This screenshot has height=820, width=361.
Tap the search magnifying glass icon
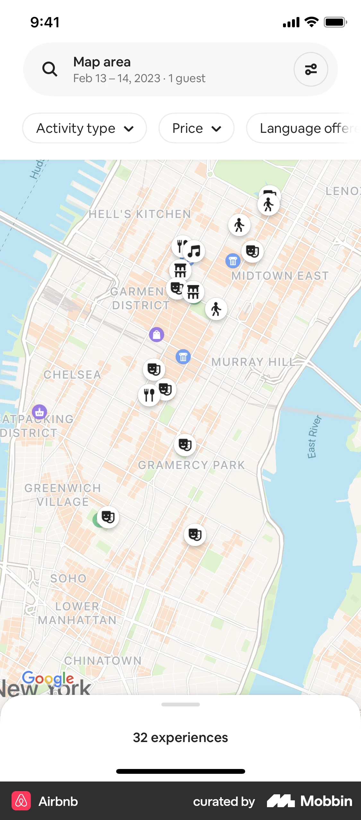pos(50,69)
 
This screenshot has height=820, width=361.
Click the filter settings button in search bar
pos(311,69)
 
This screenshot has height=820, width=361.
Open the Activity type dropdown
pos(84,128)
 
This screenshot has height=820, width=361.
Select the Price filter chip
pos(196,128)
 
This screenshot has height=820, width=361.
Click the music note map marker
pos(194,251)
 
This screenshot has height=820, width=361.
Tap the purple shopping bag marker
pos(157,335)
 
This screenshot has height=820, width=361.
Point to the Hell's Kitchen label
pos(140,214)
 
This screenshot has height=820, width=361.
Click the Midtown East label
pos(280,276)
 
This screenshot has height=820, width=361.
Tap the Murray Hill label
pos(253,362)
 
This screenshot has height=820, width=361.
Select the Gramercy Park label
pos(192,465)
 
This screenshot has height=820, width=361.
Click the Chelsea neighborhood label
pos(73,374)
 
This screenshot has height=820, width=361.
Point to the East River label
pos(314,437)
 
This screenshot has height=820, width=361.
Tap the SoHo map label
pos(68,578)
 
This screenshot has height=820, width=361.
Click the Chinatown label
pos(103,661)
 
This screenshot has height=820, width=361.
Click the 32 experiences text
pos(180,738)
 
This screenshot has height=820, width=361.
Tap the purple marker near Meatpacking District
pos(39,412)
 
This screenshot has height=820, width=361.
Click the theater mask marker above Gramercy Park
pos(185,445)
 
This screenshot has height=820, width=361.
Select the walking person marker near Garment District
pos(216,309)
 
